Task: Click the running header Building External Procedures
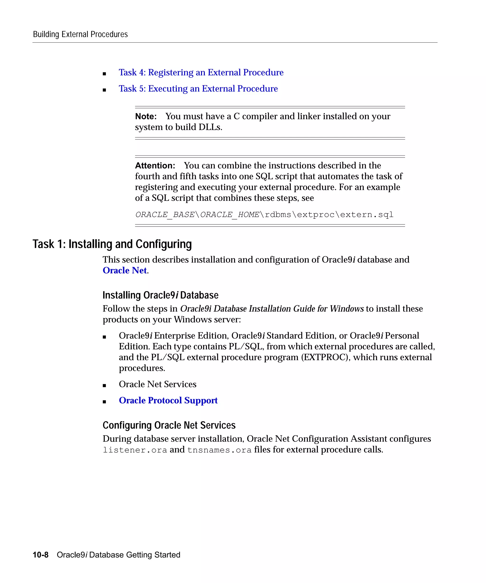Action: coord(80,34)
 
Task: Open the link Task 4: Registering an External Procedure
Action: coord(201,72)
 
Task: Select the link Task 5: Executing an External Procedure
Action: coord(198,88)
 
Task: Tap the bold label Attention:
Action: coord(155,166)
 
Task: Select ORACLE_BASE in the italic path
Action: coord(165,215)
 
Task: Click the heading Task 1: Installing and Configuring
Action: coord(112,244)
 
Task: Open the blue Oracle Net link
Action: coord(125,270)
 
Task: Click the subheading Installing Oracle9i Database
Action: coord(160,295)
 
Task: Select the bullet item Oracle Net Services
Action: coord(158,384)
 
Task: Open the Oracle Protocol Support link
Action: coord(168,400)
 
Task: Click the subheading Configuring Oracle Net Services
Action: coord(169,425)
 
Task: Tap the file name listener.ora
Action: coord(135,450)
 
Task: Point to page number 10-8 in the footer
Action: coord(41,555)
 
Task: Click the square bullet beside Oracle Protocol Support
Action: coord(104,402)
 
